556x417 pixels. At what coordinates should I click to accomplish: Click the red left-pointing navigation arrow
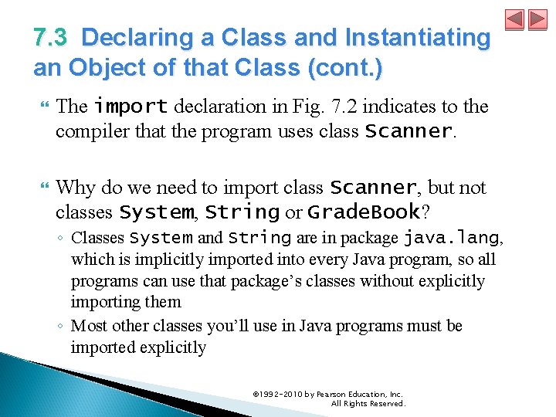point(514,19)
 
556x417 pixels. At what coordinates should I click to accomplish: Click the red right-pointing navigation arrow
point(537,19)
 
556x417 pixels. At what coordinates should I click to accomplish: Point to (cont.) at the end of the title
point(344,68)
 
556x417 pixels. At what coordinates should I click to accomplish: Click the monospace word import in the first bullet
point(131,106)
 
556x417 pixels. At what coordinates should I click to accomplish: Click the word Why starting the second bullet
point(76,188)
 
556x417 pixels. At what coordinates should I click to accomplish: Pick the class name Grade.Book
point(363,212)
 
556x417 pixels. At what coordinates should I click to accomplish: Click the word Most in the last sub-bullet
point(90,326)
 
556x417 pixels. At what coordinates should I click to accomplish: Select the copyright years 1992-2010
point(278,394)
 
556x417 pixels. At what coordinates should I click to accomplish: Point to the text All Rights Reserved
point(368,404)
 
